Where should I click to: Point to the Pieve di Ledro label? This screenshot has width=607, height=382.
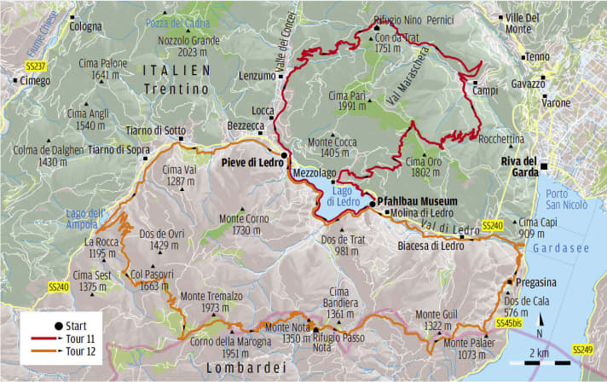click(x=252, y=159)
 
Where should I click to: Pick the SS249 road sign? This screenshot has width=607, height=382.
click(x=582, y=350)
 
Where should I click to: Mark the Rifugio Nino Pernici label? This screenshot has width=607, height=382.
click(x=404, y=19)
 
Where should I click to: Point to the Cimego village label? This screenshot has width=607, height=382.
click(x=34, y=80)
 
